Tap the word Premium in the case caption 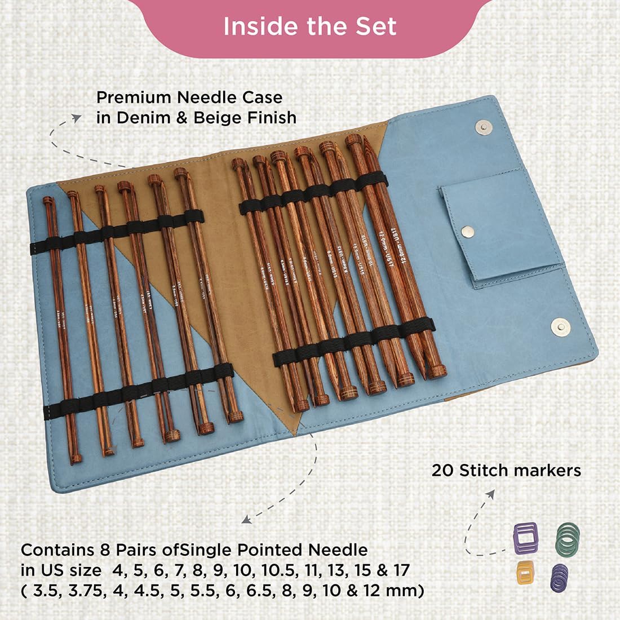click(134, 97)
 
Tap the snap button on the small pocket click(467, 231)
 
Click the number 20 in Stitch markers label click(443, 470)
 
